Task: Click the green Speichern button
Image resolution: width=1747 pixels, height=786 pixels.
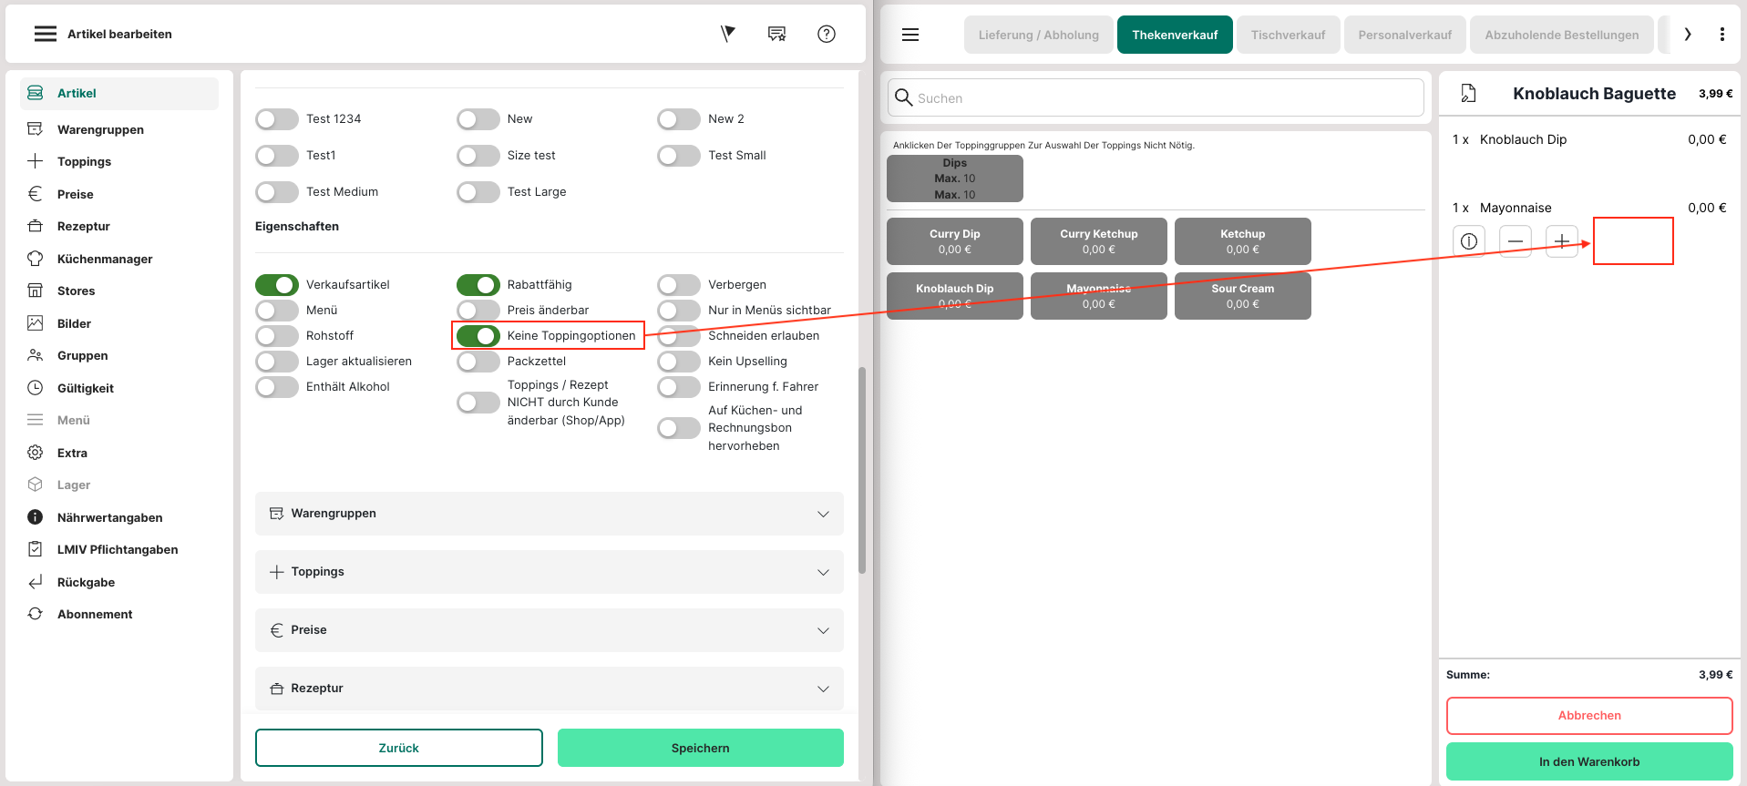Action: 700,748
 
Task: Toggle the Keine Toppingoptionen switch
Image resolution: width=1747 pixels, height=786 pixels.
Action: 478,336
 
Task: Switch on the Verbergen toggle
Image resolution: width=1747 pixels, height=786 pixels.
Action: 679,285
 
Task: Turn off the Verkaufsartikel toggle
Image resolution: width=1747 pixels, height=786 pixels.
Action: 277,285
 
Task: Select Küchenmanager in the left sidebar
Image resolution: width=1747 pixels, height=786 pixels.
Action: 105,259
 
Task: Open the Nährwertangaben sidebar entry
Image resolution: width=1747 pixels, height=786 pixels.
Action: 109,517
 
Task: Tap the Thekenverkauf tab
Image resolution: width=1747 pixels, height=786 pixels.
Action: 1175,35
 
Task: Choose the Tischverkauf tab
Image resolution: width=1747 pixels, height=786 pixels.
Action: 1288,35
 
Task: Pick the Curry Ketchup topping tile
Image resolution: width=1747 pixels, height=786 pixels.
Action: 1099,241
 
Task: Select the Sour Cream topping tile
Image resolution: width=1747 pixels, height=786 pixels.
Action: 1243,296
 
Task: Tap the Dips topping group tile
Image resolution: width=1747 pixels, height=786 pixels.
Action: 955,179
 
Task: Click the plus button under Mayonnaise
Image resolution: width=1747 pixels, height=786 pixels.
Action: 1562,241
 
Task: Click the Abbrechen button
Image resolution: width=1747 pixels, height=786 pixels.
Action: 1589,716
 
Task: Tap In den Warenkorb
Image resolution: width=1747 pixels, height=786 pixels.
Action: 1589,761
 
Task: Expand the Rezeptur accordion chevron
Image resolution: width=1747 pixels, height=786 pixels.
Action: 823,689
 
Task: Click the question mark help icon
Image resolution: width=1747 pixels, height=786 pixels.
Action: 827,34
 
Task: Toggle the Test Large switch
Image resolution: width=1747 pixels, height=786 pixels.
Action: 478,192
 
